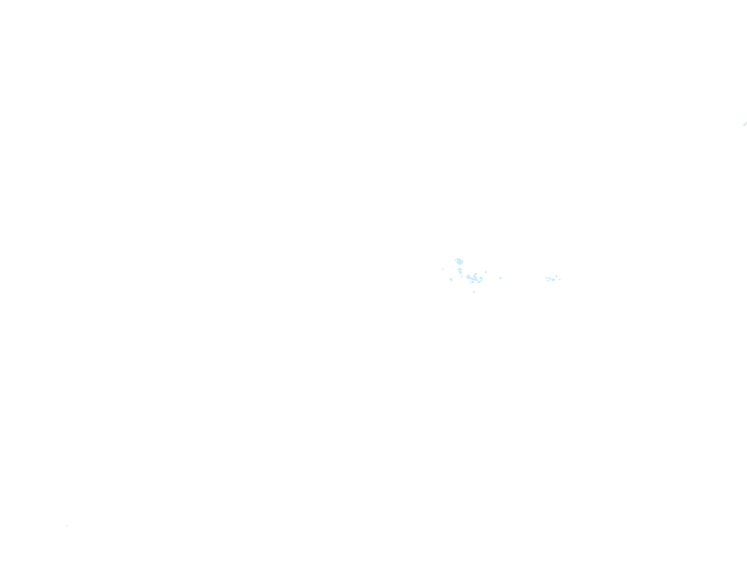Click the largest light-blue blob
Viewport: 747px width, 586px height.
click(460, 261)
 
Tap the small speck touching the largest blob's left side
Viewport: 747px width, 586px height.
click(455, 260)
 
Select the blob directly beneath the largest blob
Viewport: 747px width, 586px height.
click(460, 269)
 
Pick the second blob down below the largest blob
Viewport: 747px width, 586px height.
click(460, 272)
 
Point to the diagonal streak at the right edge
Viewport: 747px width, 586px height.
click(745, 124)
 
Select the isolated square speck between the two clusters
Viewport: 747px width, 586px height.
click(500, 278)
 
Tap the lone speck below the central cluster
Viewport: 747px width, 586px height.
click(474, 292)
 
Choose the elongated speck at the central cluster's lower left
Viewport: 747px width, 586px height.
click(451, 279)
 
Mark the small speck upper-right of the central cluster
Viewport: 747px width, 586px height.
click(486, 272)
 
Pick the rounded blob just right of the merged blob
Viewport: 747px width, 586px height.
click(481, 278)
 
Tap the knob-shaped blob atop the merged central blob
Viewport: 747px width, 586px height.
click(475, 274)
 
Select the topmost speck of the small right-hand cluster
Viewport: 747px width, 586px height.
click(556, 276)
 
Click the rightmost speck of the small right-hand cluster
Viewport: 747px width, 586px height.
click(560, 279)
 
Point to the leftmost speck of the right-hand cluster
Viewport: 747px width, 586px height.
click(547, 278)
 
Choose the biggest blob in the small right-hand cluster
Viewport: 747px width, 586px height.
click(553, 280)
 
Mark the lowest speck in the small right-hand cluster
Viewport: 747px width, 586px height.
click(548, 281)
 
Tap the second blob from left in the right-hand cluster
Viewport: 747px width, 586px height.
click(549, 278)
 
